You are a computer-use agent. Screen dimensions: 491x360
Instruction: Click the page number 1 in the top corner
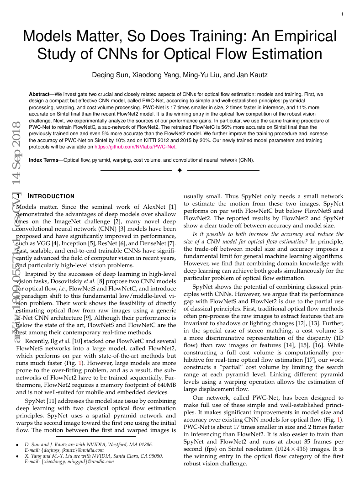[342, 15]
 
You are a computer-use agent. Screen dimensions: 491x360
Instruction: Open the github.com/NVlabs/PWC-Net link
[135, 147]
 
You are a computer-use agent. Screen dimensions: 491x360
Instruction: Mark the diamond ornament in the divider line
[180, 170]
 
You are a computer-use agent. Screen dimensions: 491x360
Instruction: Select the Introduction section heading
[52, 196]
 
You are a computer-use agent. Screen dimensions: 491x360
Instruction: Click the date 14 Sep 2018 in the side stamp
[16, 155]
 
